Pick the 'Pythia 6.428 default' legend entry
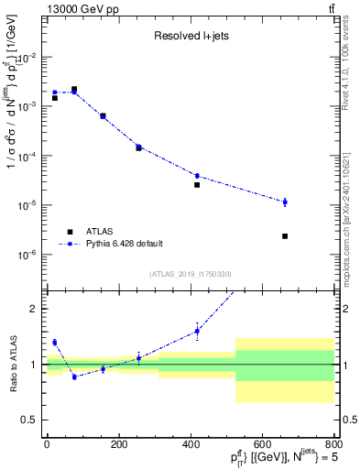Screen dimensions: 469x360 [123, 243]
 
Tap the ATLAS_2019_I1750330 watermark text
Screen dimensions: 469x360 [190, 274]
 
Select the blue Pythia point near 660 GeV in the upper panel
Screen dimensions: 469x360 [285, 202]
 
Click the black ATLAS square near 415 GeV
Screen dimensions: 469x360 [197, 185]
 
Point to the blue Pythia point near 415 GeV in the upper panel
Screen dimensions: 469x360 [197, 176]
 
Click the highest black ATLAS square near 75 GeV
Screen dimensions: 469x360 [74, 90]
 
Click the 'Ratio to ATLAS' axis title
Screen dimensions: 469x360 [11, 364]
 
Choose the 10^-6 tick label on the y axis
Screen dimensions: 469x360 [27, 254]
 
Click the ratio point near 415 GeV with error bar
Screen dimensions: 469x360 [197, 332]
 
